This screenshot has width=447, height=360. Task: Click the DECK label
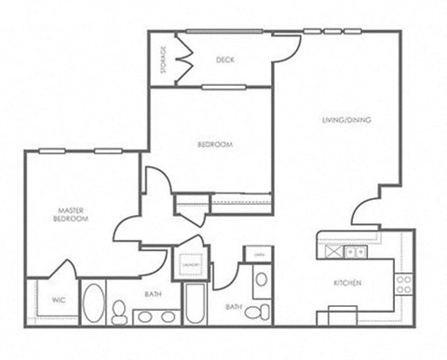[224, 60]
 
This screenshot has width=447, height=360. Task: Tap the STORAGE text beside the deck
[164, 59]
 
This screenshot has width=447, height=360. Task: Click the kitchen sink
[355, 251]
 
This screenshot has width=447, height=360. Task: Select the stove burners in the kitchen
[404, 283]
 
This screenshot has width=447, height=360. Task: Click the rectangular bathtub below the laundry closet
[195, 303]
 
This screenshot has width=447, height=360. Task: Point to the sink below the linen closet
[262, 279]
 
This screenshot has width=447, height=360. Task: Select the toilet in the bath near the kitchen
[264, 311]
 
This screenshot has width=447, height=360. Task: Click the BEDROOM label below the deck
[215, 144]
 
